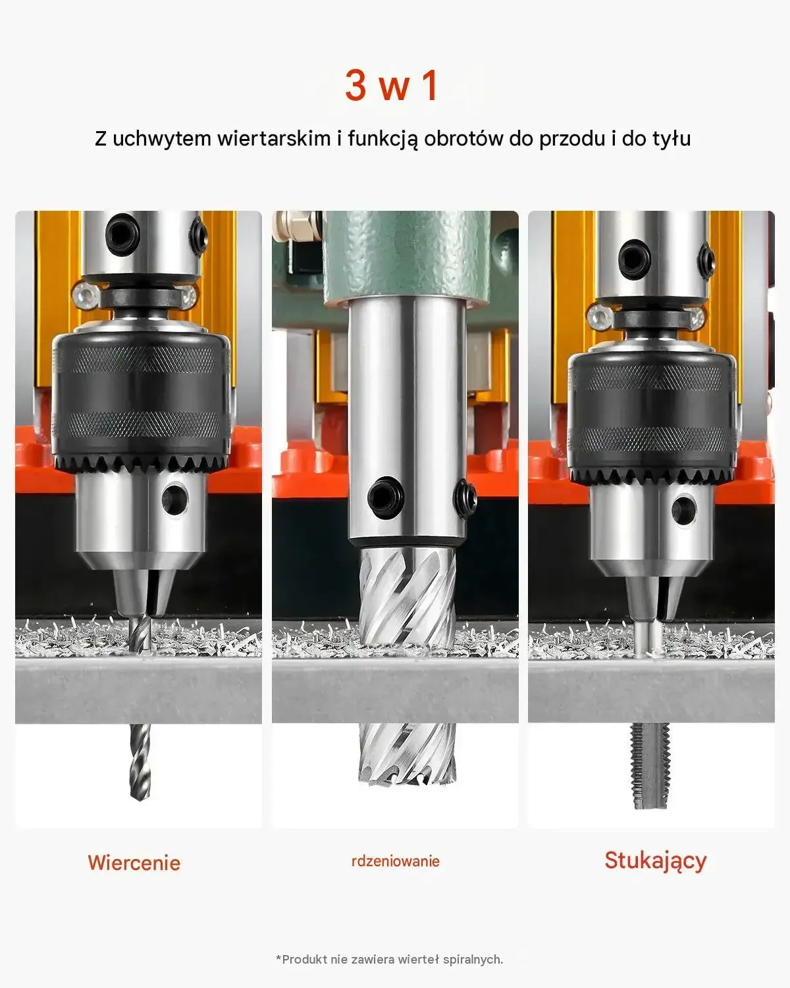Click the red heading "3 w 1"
tap(392, 86)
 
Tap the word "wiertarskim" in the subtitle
tap(274, 139)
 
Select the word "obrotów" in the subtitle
tap(463, 139)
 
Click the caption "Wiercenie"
tap(134, 863)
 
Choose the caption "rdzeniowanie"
tap(395, 862)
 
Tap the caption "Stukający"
tap(655, 862)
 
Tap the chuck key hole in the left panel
tap(174, 499)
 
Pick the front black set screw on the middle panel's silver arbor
tap(386, 496)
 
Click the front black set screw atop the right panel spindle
tap(635, 257)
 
